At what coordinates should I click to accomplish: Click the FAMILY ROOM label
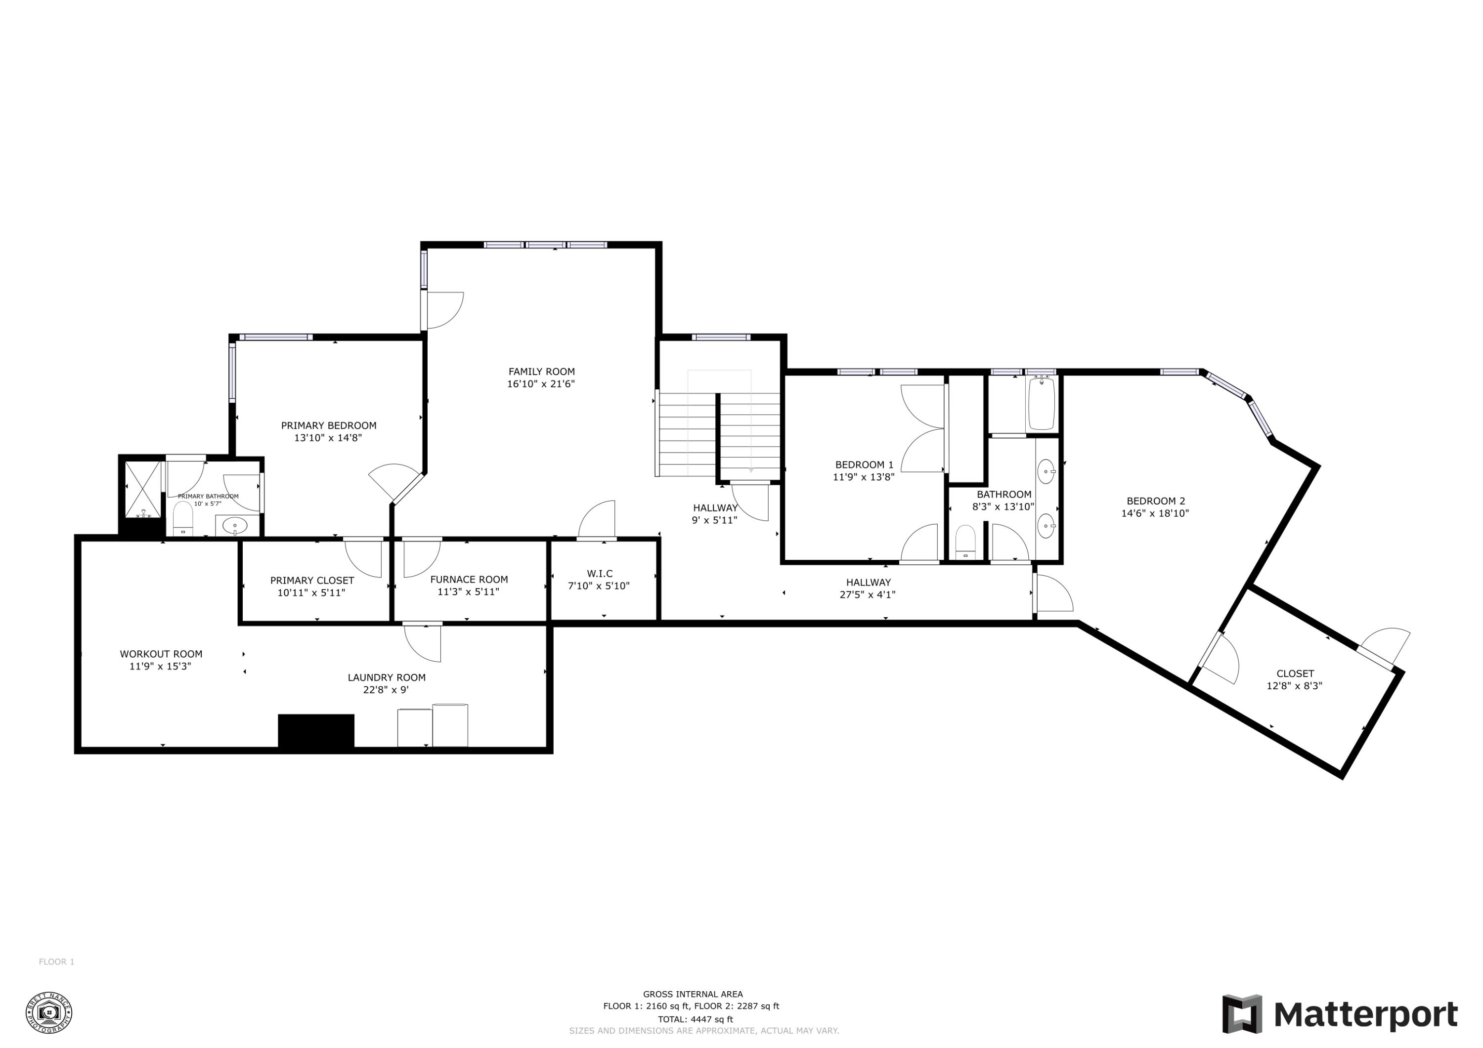pyautogui.click(x=541, y=371)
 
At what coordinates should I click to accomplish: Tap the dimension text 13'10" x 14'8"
pyautogui.click(x=328, y=438)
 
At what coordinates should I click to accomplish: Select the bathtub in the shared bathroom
pyautogui.click(x=1041, y=404)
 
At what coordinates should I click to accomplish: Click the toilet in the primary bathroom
pyautogui.click(x=183, y=518)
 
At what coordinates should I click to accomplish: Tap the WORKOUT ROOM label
pyautogui.click(x=161, y=654)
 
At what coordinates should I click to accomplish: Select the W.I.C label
pyautogui.click(x=600, y=573)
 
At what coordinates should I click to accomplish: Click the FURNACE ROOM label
pyautogui.click(x=469, y=579)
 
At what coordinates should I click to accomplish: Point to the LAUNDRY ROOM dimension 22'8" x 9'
pyautogui.click(x=386, y=690)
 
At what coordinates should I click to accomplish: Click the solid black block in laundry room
pyautogui.click(x=316, y=731)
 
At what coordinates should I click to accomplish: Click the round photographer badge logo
pyautogui.click(x=48, y=1012)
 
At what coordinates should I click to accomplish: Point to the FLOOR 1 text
pyautogui.click(x=57, y=962)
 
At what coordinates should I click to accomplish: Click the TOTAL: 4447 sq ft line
pyautogui.click(x=695, y=1019)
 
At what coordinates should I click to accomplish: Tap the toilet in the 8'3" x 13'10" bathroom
pyautogui.click(x=965, y=543)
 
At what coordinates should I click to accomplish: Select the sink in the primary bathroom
pyautogui.click(x=234, y=526)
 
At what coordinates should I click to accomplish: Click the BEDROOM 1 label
pyautogui.click(x=864, y=465)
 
